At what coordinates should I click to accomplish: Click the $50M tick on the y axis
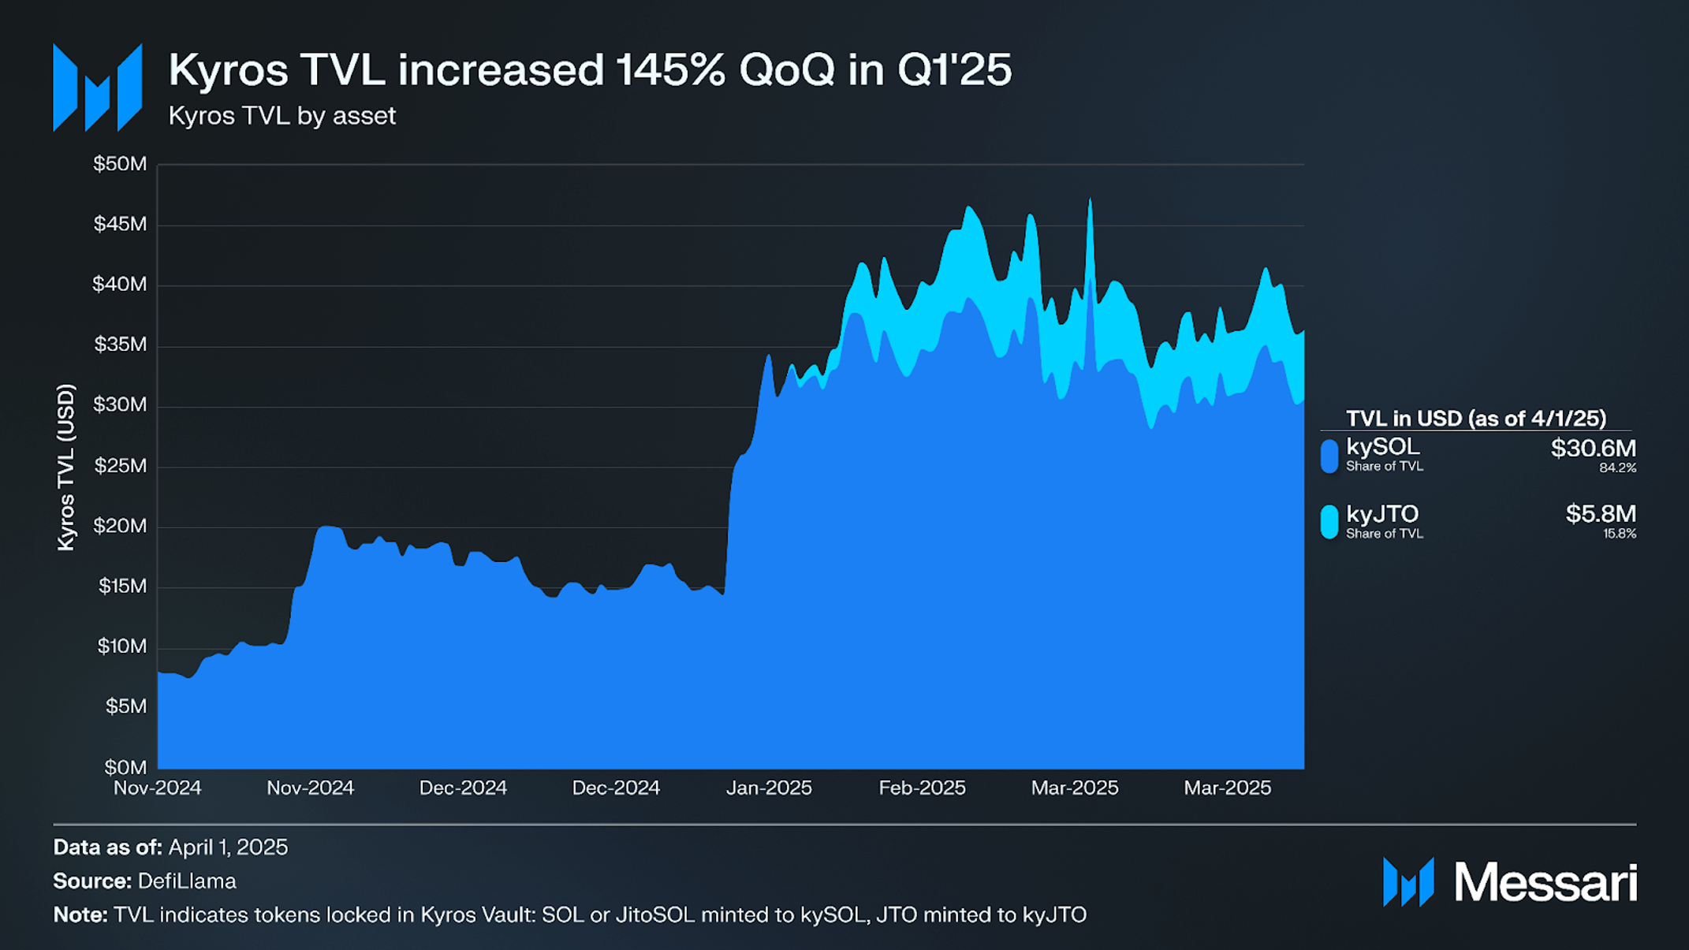coord(120,164)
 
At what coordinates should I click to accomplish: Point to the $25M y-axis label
coord(120,466)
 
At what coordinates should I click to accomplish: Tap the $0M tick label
coord(125,767)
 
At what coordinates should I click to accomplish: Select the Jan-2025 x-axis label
coord(769,788)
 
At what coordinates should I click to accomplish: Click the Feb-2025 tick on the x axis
coord(922,788)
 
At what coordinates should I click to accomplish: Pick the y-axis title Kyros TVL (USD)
coord(66,468)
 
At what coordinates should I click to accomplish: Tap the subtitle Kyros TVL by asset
coord(281,116)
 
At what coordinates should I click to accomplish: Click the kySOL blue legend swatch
coord(1329,456)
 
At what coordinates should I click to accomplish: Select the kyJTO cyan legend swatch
coord(1329,522)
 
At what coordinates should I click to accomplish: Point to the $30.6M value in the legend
coord(1593,448)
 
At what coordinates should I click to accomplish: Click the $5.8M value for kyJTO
coord(1601,514)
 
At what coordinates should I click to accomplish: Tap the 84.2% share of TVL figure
coord(1617,468)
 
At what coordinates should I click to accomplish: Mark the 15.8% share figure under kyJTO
coord(1619,534)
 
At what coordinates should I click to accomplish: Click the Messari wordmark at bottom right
coord(1545,882)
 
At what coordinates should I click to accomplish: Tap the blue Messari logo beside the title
coord(98,88)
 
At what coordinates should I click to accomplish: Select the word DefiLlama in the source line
coord(187,881)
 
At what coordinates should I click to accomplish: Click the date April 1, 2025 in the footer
coord(228,848)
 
